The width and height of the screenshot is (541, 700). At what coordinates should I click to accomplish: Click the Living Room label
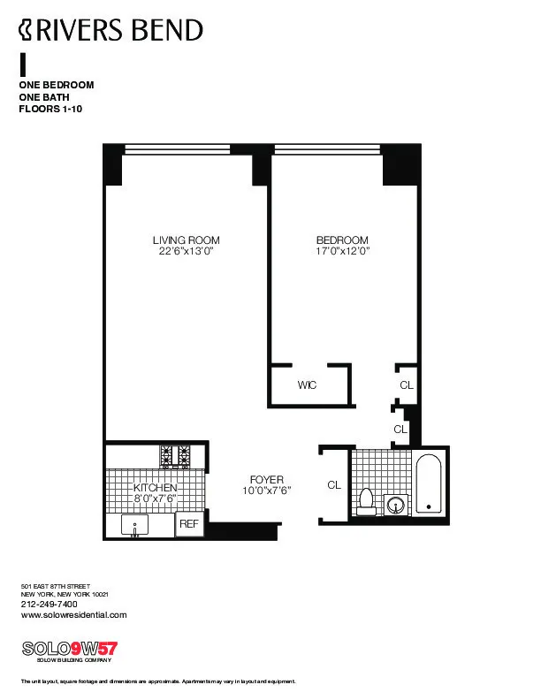(x=186, y=240)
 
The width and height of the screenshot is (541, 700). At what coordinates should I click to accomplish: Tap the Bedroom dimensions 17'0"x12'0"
(x=342, y=251)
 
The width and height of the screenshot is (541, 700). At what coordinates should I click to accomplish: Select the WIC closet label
(x=307, y=385)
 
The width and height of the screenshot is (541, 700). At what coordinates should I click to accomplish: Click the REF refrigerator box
(x=189, y=524)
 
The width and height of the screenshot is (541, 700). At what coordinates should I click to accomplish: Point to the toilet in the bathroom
(x=367, y=501)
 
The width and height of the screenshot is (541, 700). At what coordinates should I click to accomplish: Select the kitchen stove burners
(x=175, y=455)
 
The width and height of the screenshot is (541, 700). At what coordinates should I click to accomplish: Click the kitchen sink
(x=136, y=525)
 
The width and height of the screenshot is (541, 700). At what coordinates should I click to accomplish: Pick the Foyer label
(x=266, y=480)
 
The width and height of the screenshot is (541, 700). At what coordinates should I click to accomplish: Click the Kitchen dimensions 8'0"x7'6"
(x=156, y=499)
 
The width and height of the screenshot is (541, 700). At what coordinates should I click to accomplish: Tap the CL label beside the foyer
(x=334, y=485)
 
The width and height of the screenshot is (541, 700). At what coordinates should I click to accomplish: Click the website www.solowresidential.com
(x=73, y=615)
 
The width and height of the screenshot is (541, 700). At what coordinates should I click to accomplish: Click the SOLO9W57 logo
(x=69, y=648)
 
